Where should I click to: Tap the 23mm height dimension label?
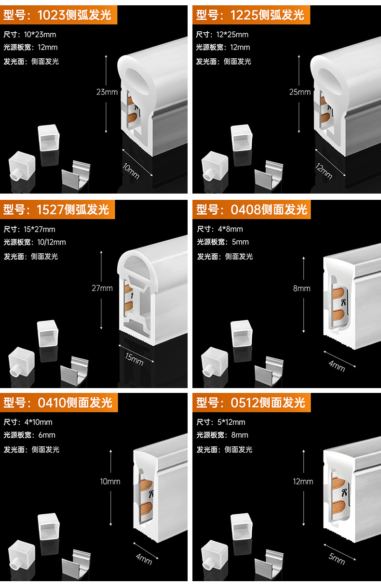click(x=107, y=92)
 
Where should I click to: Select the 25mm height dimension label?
click(x=300, y=92)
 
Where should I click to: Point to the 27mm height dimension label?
click(x=102, y=288)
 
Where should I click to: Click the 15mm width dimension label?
click(x=134, y=358)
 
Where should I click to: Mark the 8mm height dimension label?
click(x=302, y=288)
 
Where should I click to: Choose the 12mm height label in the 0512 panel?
click(x=303, y=482)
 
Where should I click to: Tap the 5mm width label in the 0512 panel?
click(x=337, y=558)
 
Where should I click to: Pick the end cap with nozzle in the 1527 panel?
click(x=21, y=362)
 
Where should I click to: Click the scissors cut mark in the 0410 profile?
click(x=150, y=493)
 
